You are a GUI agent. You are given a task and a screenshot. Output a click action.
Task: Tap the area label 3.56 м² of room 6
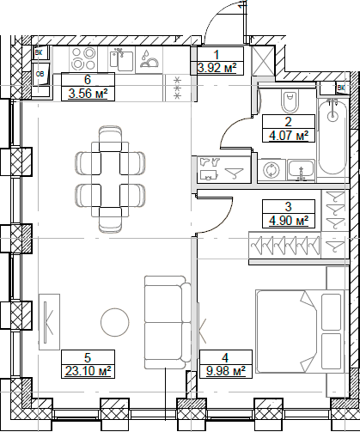pyautogui.click(x=88, y=94)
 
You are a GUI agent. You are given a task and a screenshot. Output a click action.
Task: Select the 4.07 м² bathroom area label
pyautogui.click(x=289, y=135)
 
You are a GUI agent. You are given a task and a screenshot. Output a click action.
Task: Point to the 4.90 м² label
pyautogui.click(x=289, y=220)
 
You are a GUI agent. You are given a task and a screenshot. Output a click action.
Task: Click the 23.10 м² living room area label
pyautogui.click(x=87, y=370)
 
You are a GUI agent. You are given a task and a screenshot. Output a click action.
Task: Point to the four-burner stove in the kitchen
pyautogui.click(x=84, y=60)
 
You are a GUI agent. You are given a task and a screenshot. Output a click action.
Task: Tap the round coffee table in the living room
pyautogui.click(x=114, y=323)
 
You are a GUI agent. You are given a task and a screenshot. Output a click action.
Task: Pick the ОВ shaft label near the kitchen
pyautogui.click(x=40, y=75)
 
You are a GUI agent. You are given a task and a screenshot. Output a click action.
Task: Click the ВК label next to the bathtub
pyautogui.click(x=341, y=88)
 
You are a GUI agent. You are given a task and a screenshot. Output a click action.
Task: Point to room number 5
pyautogui.click(x=87, y=357)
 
